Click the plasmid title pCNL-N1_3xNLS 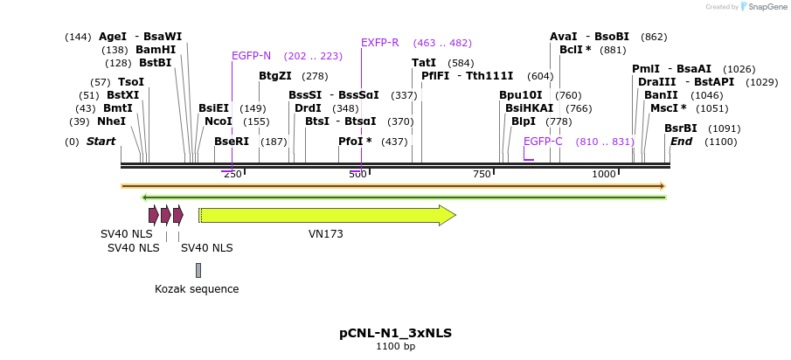[x=395, y=333]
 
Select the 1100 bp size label [x=395, y=347]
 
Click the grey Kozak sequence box [x=198, y=270]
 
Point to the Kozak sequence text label [x=197, y=289]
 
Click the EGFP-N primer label [x=251, y=55]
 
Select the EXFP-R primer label [x=380, y=43]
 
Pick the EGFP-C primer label [x=543, y=142]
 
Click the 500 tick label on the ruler [x=357, y=175]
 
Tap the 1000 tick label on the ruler [x=604, y=175]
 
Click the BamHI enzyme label [x=156, y=50]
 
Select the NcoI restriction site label [x=218, y=121]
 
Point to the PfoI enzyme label [x=355, y=142]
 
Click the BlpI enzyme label [x=524, y=121]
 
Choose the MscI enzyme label [x=668, y=108]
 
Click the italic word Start [x=101, y=142]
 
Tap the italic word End [x=681, y=142]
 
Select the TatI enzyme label [x=424, y=63]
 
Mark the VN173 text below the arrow [x=325, y=234]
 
